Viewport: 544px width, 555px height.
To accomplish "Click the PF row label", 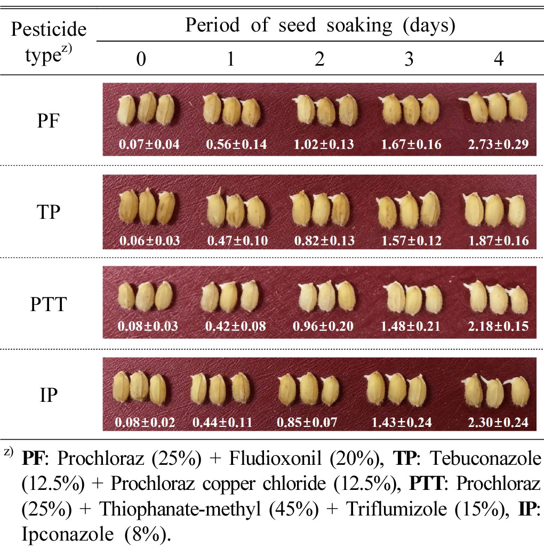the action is pos(48,121).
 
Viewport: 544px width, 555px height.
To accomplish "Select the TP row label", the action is pos(49,212).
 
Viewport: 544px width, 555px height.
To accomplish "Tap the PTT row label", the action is pos(49,304).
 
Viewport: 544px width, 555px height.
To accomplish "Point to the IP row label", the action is pos(49,395).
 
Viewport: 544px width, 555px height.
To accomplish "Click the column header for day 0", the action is pos(141,59).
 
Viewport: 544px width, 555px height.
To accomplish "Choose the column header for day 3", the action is pos(409,59).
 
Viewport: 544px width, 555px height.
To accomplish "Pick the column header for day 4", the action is pos(499,59).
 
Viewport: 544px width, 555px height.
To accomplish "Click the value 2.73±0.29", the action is pos(498,145).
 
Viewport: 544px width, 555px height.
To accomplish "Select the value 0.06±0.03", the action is pos(150,241).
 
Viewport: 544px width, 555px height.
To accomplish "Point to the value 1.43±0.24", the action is pos(402,422).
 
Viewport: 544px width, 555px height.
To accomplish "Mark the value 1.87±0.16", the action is pos(498,241).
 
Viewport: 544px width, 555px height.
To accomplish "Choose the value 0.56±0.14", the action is pos(236,145).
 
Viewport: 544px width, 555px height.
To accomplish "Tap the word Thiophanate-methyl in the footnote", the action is pos(180,510).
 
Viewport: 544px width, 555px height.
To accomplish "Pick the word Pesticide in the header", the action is pos(49,29).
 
